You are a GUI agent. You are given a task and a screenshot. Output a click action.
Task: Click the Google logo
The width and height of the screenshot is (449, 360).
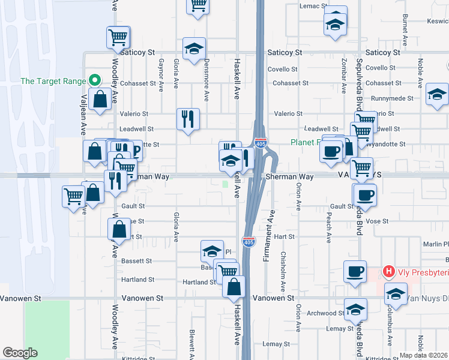click(20, 353)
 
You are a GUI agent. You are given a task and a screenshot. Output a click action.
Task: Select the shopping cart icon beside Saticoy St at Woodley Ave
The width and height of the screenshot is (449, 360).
click(118, 37)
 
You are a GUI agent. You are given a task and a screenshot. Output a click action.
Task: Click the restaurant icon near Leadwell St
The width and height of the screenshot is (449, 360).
click(188, 118)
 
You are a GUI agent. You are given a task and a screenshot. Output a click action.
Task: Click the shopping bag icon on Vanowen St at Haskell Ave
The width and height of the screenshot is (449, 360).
click(234, 287)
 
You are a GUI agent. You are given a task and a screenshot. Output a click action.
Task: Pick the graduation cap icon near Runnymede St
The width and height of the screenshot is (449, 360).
click(437, 94)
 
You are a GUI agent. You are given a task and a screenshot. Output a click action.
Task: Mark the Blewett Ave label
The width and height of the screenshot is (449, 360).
click(191, 341)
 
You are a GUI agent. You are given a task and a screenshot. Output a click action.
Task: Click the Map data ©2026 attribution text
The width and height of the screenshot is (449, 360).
click(424, 355)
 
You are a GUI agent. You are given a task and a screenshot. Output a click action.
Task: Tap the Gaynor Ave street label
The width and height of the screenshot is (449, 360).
click(160, 75)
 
